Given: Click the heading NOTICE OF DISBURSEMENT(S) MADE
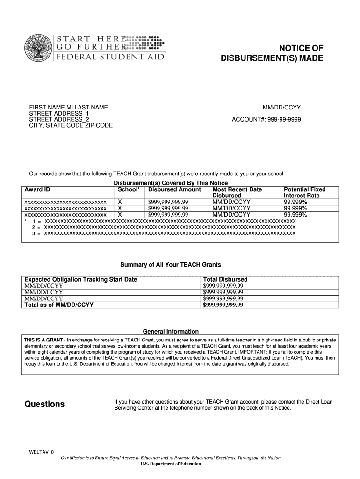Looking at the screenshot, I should pyautogui.click(x=272, y=53).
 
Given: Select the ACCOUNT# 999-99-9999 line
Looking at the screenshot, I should pyautogui.click(x=266, y=120).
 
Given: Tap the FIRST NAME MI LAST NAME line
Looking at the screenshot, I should pyautogui.click(x=68, y=108).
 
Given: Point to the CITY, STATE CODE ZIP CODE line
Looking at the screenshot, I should pyautogui.click(x=71, y=126).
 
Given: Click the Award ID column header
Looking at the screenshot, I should pyautogui.click(x=37, y=189).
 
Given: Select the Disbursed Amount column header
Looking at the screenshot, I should pyautogui.click(x=174, y=189).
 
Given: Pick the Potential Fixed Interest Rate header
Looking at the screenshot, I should pyautogui.click(x=305, y=192).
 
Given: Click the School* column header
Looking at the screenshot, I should pyautogui.click(x=129, y=189).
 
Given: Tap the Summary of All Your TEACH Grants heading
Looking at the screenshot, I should pyautogui.click(x=171, y=265).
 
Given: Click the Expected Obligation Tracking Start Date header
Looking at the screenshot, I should pyautogui.click(x=80, y=279).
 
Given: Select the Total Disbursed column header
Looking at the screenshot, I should pyautogui.click(x=225, y=279).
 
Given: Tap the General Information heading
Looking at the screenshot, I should pyautogui.click(x=171, y=331).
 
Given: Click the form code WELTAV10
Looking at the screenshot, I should pyautogui.click(x=42, y=452).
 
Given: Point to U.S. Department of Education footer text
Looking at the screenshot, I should pyautogui.click(x=171, y=464).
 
